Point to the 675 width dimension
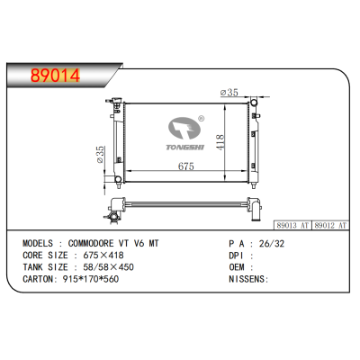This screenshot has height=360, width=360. pos(186,167)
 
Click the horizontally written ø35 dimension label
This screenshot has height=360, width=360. pos(229,92)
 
